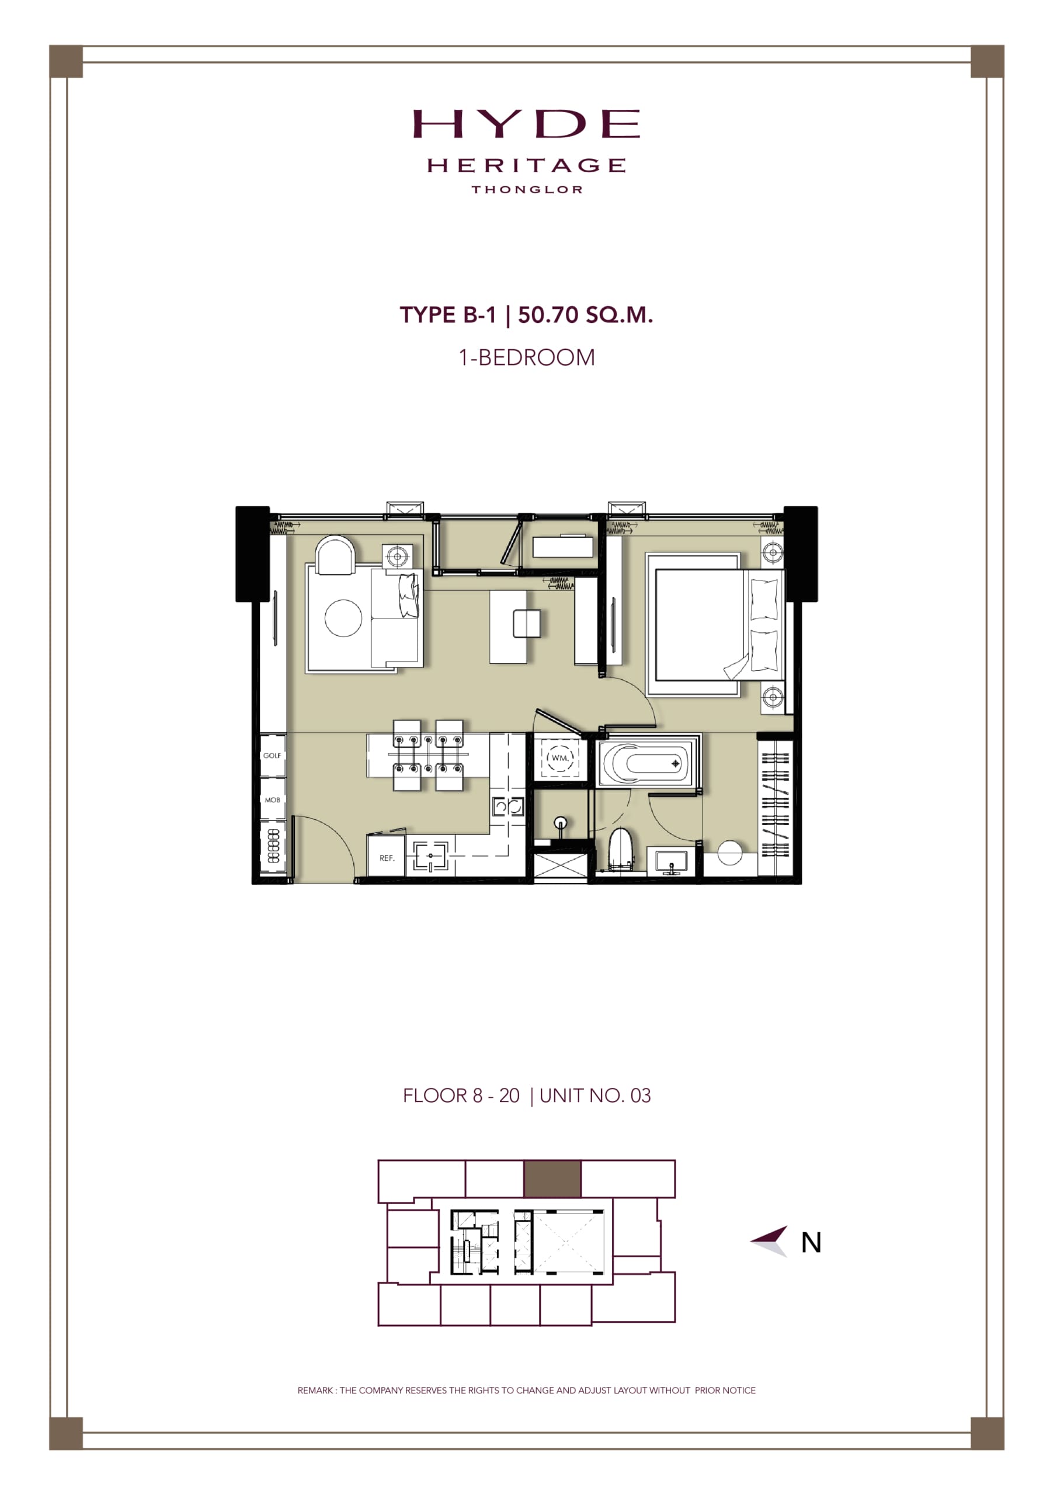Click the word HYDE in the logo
pyautogui.click(x=526, y=124)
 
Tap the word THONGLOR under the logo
pyautogui.click(x=527, y=189)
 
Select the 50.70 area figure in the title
pyautogui.click(x=548, y=315)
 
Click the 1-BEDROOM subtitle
pyautogui.click(x=526, y=357)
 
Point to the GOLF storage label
pyautogui.click(x=272, y=755)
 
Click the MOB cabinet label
pyautogui.click(x=272, y=799)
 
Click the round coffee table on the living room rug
pyautogui.click(x=343, y=617)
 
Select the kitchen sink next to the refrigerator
pyautogui.click(x=430, y=856)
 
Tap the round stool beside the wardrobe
pyautogui.click(x=729, y=853)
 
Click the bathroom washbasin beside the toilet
pyautogui.click(x=671, y=861)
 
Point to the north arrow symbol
pyautogui.click(x=770, y=1241)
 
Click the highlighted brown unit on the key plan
pyautogui.click(x=552, y=1178)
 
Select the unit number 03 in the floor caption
pyautogui.click(x=640, y=1096)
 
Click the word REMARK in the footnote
pyautogui.click(x=315, y=1390)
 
